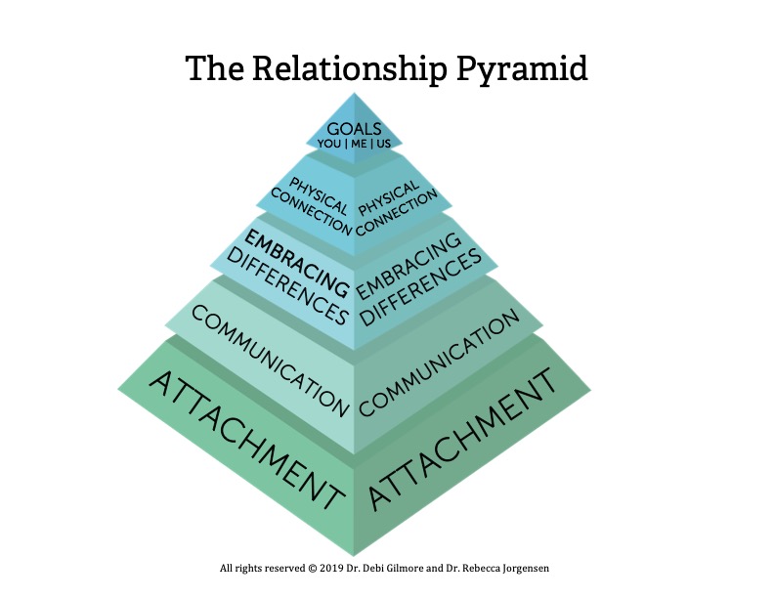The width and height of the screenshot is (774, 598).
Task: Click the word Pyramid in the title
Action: [522, 69]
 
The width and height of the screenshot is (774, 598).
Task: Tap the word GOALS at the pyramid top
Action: [354, 129]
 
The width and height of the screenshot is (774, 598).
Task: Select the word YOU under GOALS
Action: [328, 144]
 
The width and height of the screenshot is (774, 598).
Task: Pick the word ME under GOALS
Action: [359, 144]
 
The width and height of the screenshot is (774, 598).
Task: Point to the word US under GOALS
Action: [383, 144]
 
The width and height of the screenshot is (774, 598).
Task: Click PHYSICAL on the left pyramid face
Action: [319, 195]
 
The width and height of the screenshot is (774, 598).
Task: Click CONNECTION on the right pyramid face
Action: [397, 213]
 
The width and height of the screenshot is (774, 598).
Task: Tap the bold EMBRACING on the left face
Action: [297, 264]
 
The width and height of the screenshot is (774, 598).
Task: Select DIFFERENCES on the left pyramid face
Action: [287, 286]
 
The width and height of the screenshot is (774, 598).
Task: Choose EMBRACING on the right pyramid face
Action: [409, 266]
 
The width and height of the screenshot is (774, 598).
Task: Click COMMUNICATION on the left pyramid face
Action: [270, 361]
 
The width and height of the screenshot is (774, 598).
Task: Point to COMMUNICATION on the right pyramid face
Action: [440, 363]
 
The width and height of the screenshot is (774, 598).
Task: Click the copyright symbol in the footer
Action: [312, 569]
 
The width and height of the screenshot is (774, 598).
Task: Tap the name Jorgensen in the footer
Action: [526, 569]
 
